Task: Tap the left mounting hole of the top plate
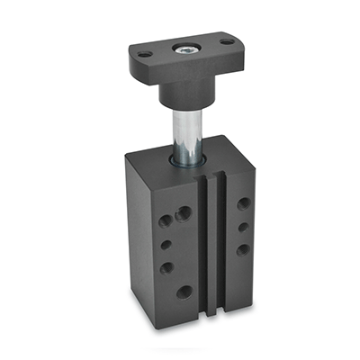tap(143, 54)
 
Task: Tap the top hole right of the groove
tap(243, 203)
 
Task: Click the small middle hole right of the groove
tap(243, 227)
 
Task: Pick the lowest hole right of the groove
tap(242, 249)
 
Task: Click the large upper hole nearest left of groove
tap(184, 214)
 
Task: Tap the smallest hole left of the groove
tap(166, 244)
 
